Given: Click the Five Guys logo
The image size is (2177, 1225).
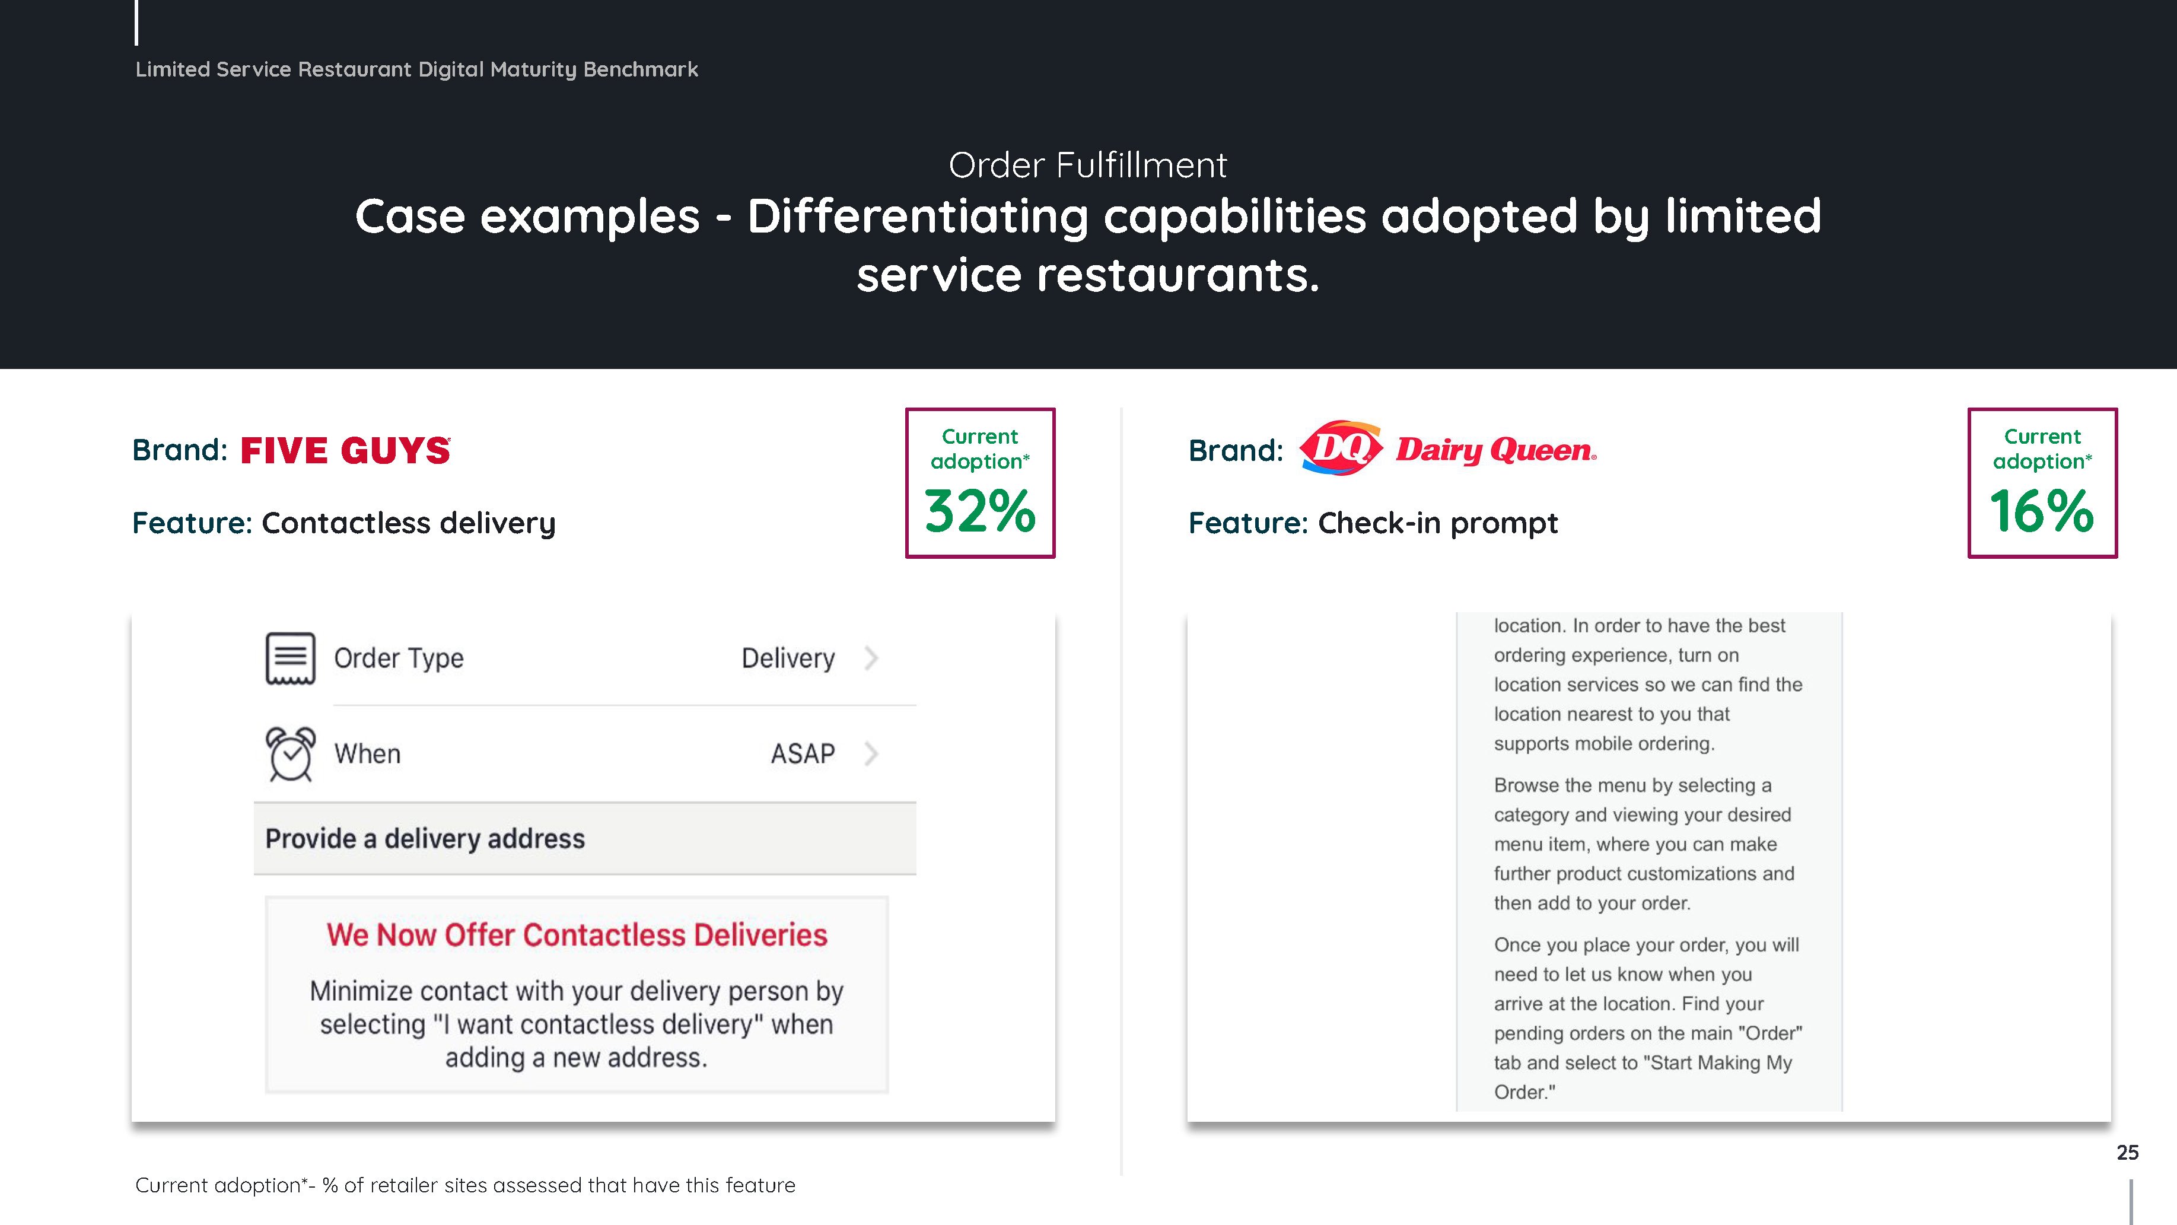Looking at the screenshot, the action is click(346, 451).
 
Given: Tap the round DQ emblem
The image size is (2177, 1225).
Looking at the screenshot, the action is click(1341, 448).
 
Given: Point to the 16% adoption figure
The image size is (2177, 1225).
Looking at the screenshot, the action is click(2042, 511).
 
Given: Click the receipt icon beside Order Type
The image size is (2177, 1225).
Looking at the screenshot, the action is click(290, 658).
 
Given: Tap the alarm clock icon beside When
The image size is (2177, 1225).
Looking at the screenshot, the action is click(290, 753).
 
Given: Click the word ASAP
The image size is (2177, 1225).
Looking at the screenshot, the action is click(803, 753).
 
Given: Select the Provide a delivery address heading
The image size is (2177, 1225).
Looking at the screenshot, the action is click(425, 839).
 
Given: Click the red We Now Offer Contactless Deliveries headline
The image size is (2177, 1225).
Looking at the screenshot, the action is click(577, 935).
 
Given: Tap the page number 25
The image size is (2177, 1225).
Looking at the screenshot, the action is click(2127, 1152).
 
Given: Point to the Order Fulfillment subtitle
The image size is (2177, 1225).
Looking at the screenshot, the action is click(1088, 165).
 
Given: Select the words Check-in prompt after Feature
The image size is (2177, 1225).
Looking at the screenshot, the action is click(1437, 523).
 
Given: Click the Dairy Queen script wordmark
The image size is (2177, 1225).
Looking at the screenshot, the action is click(1496, 450).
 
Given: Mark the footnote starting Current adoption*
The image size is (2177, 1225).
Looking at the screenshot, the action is click(465, 1185).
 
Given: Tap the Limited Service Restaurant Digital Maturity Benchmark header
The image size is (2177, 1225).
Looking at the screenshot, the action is click(416, 69).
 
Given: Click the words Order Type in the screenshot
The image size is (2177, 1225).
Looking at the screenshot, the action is click(399, 658).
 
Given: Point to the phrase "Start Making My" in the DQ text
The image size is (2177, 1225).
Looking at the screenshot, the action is click(1721, 1062).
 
